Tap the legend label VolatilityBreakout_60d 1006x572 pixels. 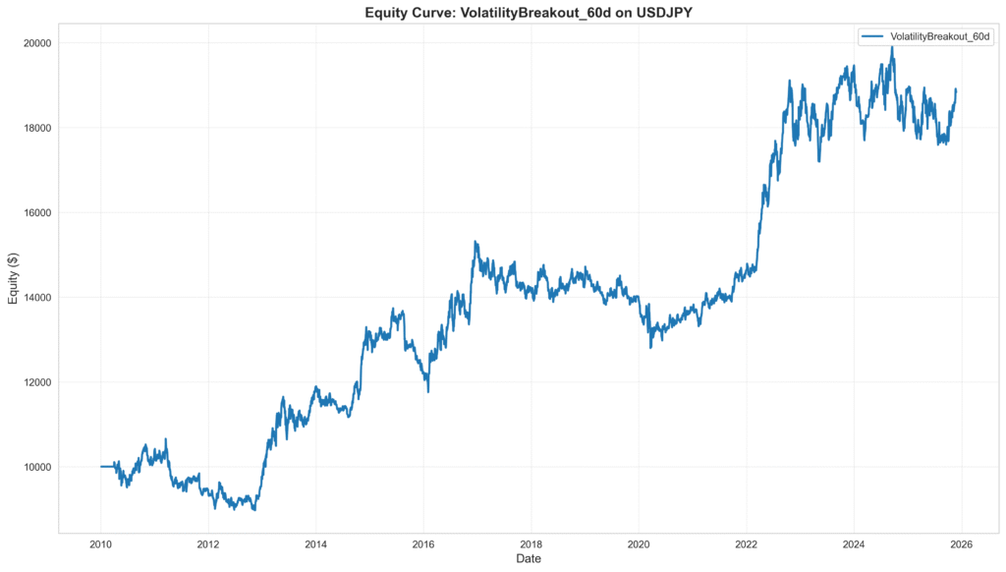click(x=932, y=36)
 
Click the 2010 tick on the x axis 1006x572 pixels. click(x=100, y=543)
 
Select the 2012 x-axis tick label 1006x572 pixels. click(x=207, y=543)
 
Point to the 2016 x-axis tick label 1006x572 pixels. click(x=422, y=543)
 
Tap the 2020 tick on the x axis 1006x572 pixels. click(x=639, y=543)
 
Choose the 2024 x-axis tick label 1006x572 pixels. click(x=854, y=543)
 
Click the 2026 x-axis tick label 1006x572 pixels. click(x=961, y=543)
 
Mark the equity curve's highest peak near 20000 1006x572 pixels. click(x=892, y=46)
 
